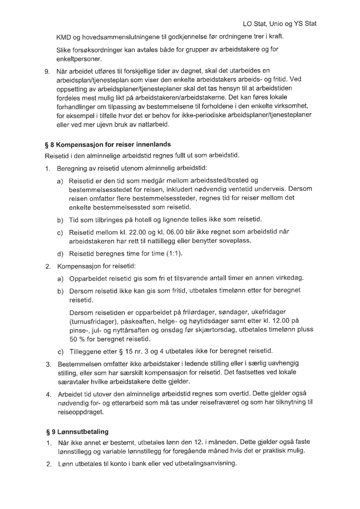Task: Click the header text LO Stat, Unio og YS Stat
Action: pyautogui.click(x=280, y=24)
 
